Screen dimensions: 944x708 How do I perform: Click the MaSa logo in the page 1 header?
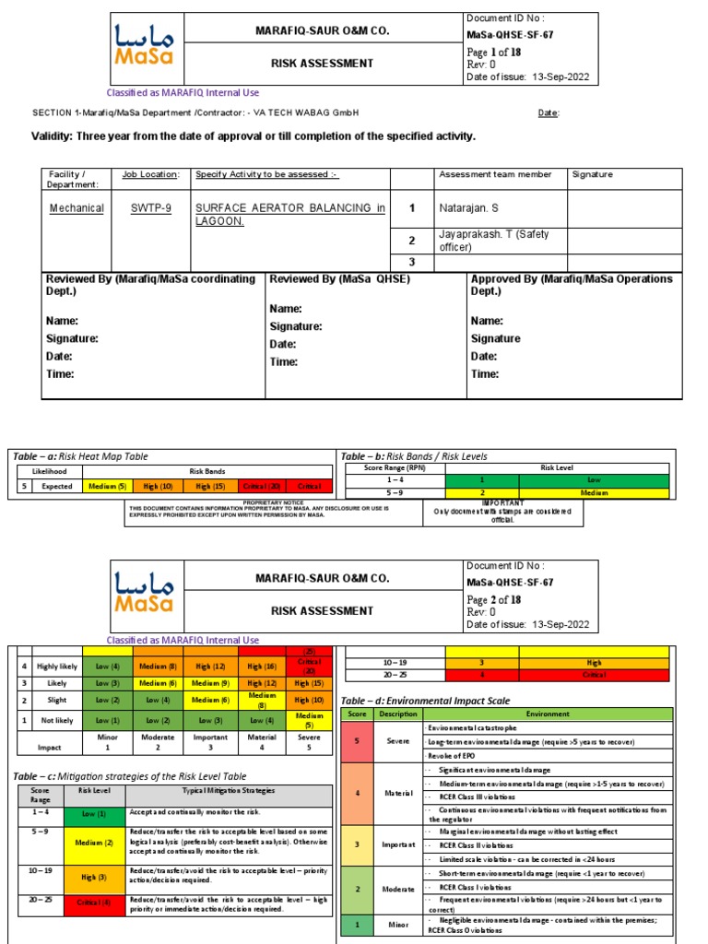point(147,46)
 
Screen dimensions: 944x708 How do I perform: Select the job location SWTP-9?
point(150,208)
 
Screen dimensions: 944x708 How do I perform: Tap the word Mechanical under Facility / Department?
point(77,208)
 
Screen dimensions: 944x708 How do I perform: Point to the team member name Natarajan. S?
point(471,208)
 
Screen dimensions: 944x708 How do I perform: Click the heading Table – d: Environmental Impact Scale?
point(425,702)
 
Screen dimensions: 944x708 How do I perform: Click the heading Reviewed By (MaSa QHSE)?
point(339,279)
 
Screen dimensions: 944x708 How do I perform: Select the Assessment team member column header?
point(495,174)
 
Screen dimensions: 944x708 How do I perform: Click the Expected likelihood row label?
point(56,486)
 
